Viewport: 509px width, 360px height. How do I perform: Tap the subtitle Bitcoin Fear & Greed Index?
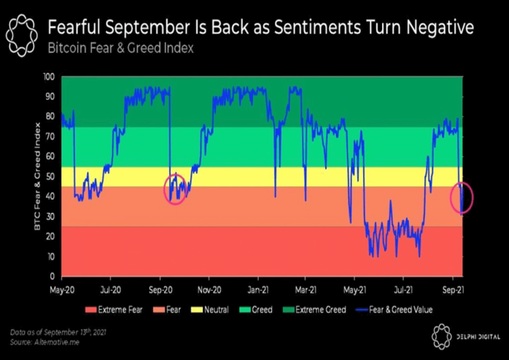[121, 48]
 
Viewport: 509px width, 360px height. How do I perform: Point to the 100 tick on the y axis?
[49, 77]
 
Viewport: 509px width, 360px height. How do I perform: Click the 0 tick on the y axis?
[52, 276]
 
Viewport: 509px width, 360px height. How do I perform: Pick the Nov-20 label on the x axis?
[209, 290]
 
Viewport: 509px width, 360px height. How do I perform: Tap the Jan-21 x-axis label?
[258, 290]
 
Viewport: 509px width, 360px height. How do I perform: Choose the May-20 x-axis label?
[62, 290]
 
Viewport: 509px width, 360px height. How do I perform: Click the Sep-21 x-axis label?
[453, 290]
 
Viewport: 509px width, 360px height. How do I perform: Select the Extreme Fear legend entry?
[114, 310]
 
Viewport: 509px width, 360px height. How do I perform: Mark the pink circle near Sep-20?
[175, 189]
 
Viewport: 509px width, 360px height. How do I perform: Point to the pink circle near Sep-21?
[462, 198]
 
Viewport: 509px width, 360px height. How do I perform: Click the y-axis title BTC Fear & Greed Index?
[37, 176]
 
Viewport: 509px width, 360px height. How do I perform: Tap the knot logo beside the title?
[22, 35]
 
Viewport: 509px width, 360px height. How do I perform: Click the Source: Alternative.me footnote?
[45, 342]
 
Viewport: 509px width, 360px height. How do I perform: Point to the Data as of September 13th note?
[58, 332]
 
